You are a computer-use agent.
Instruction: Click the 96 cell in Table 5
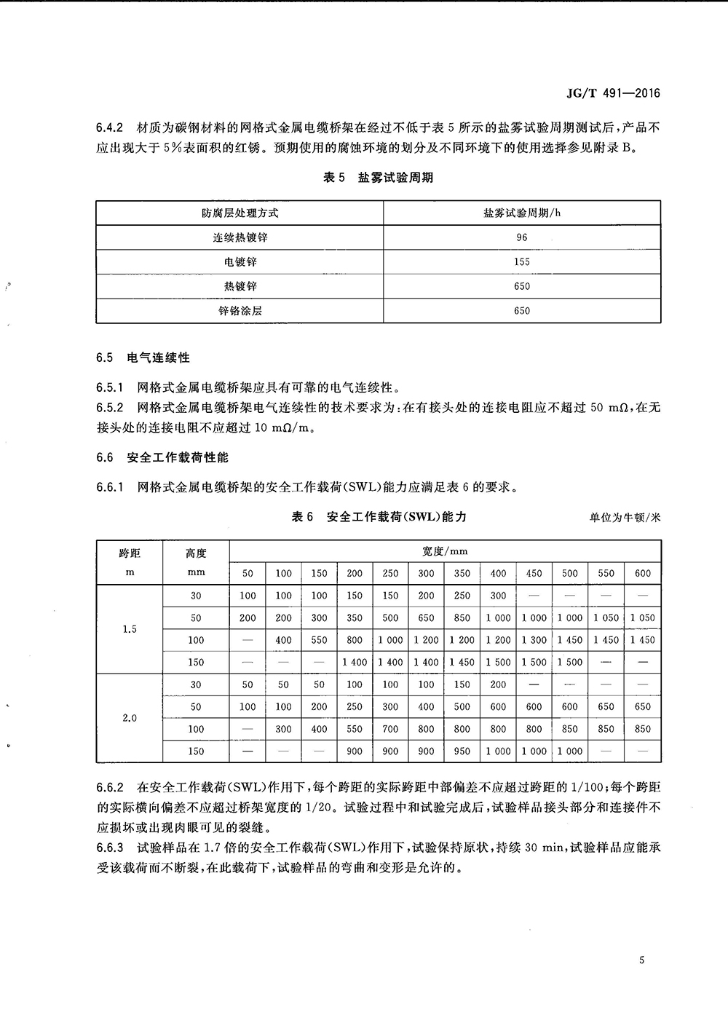(x=521, y=237)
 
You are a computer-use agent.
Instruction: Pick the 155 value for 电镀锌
(x=521, y=261)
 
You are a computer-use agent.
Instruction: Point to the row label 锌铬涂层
(x=240, y=310)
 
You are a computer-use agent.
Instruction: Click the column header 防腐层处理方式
(x=240, y=213)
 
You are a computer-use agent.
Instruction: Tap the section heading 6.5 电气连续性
(x=143, y=358)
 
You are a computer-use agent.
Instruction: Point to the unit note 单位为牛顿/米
(x=625, y=518)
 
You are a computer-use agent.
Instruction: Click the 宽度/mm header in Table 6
(x=445, y=551)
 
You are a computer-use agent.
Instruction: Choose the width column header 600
(x=642, y=573)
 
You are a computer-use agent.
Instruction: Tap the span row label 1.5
(x=130, y=629)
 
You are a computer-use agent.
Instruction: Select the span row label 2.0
(x=130, y=718)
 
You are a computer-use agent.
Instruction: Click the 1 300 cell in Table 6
(x=534, y=640)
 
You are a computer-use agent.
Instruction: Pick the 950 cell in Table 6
(x=462, y=751)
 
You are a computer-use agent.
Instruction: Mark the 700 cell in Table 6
(x=391, y=729)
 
